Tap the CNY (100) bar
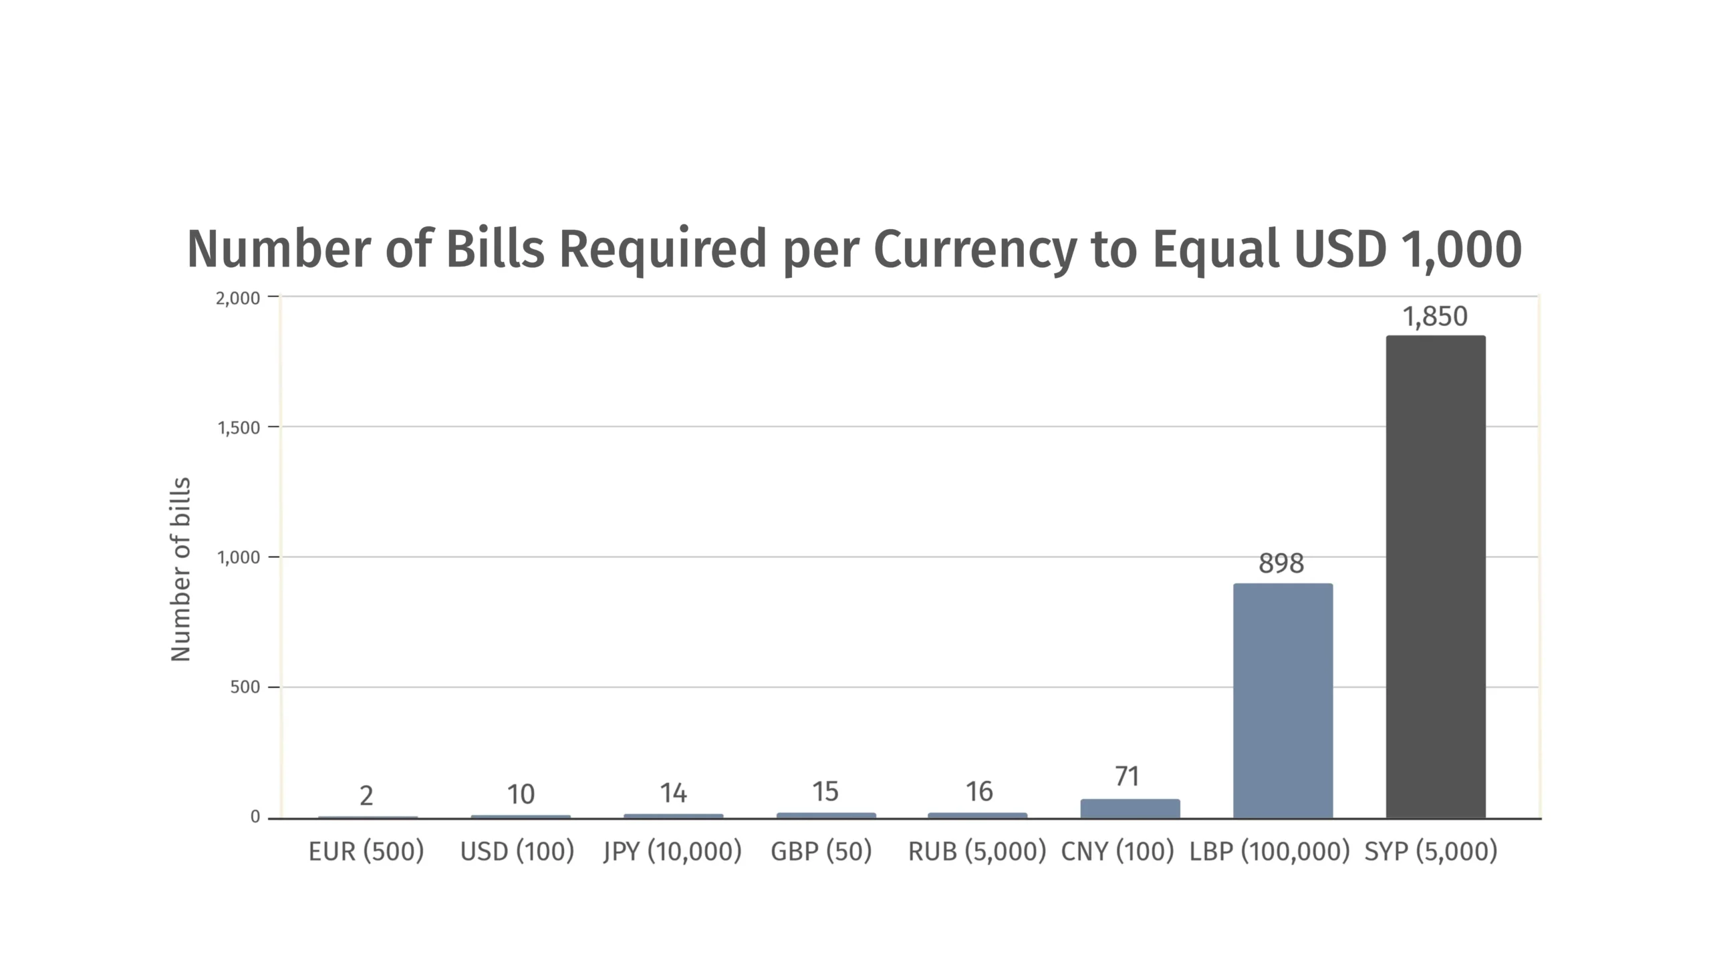(x=1130, y=808)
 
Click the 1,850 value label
(x=1435, y=317)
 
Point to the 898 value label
(x=1281, y=564)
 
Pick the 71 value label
(x=1127, y=777)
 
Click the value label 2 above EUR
(x=366, y=796)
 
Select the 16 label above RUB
(x=979, y=792)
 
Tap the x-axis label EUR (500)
(x=366, y=852)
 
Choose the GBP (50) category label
(x=821, y=852)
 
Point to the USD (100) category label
(x=517, y=852)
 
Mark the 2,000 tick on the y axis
(x=238, y=298)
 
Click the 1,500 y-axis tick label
(x=239, y=428)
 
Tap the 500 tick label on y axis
(x=245, y=687)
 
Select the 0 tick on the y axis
(x=255, y=817)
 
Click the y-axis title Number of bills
(x=181, y=569)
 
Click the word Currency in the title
(x=975, y=249)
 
